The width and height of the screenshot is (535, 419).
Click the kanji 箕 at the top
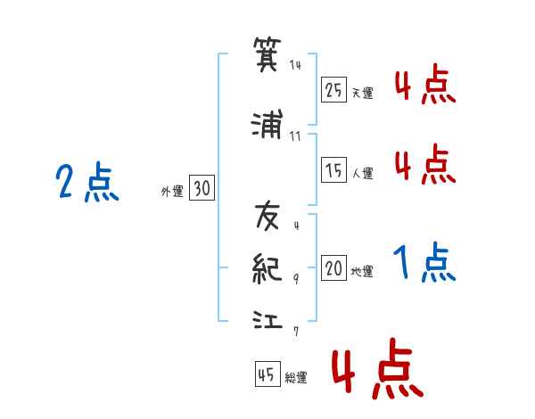tap(267, 54)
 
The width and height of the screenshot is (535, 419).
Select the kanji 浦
tap(267, 124)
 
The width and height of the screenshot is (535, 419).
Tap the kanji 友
tap(267, 216)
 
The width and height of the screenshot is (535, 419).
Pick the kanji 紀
tap(267, 269)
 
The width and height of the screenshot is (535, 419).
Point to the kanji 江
tap(267, 319)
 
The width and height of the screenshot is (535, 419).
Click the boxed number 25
tap(333, 90)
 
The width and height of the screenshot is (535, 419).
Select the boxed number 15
tap(333, 169)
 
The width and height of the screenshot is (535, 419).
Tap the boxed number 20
tap(333, 267)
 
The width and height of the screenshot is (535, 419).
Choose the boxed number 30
tap(202, 187)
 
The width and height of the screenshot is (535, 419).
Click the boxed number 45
tap(267, 374)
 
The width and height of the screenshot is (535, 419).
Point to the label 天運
tap(362, 93)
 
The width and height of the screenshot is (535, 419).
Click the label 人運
tap(362, 173)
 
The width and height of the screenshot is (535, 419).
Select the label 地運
tap(362, 271)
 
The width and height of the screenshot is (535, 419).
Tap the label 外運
tap(172, 191)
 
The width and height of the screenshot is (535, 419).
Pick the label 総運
tap(296, 377)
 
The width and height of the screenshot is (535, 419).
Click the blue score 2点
tap(87, 181)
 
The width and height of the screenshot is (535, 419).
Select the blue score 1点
tap(424, 262)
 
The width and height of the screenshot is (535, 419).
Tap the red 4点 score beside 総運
tap(378, 368)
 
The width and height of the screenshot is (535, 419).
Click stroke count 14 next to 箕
tap(295, 64)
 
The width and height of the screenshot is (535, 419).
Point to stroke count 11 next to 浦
tap(295, 136)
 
